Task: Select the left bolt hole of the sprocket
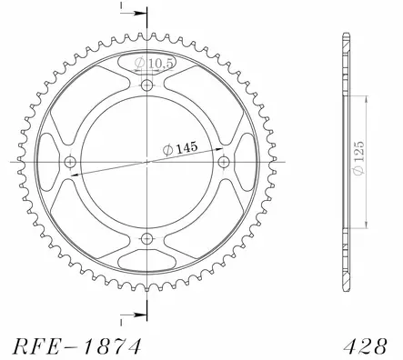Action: click(70, 163)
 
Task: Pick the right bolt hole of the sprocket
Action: click(224, 163)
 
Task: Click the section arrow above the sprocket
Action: click(132, 15)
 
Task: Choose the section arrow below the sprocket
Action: click(132, 314)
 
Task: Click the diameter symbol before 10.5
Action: click(139, 64)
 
